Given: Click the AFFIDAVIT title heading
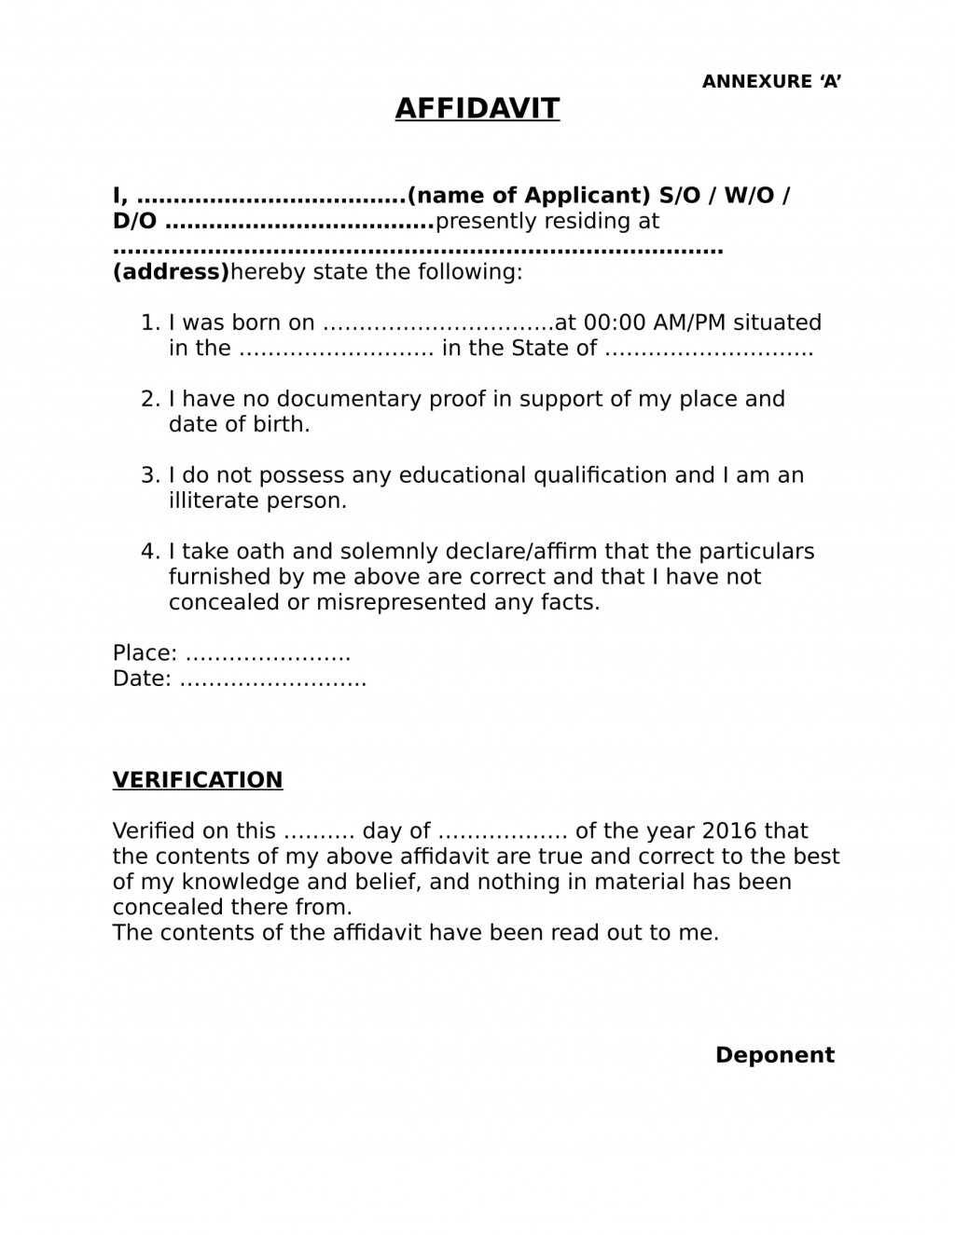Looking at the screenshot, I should pyautogui.click(x=477, y=108).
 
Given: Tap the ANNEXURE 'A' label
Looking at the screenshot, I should pyautogui.click(x=771, y=82).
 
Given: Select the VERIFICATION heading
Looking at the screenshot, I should pyautogui.click(x=198, y=780).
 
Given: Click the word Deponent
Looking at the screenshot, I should pyautogui.click(x=774, y=1055).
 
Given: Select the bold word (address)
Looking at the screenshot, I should pyautogui.click(x=171, y=272).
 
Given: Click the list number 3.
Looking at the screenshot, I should pyautogui.click(x=150, y=475).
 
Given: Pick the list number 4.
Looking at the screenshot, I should pyautogui.click(x=150, y=552).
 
